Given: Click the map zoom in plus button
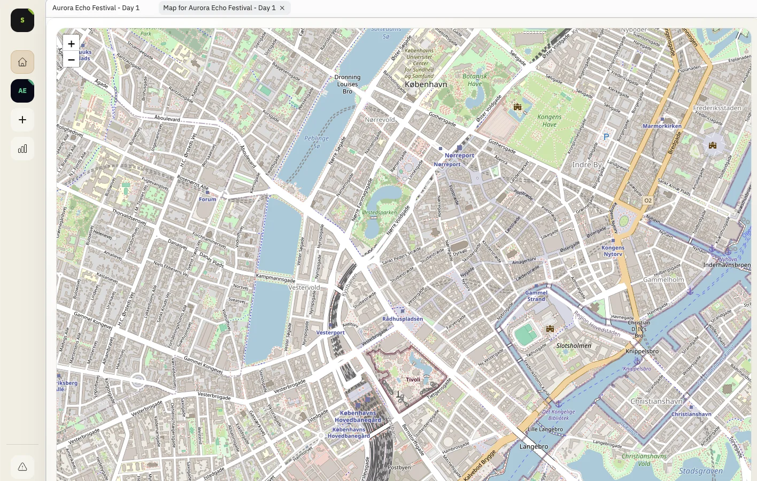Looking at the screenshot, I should [x=71, y=44].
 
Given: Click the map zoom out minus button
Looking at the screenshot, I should [x=71, y=60].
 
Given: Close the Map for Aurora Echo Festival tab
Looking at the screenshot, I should [x=282, y=8].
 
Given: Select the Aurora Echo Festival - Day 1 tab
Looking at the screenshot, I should [x=96, y=8].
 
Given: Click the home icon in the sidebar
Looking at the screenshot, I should [x=22, y=62].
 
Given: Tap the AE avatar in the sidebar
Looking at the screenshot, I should [x=22, y=91].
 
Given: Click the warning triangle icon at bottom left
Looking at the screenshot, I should [x=22, y=467].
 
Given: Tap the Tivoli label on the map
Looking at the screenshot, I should [x=413, y=379].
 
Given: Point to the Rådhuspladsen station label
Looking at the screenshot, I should [x=403, y=319].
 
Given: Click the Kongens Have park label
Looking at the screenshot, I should [x=549, y=121].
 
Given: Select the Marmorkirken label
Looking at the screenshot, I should [x=662, y=126].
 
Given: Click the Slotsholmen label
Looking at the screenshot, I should [x=574, y=346].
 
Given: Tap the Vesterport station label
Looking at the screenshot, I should [x=330, y=332].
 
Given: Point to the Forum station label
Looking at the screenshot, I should [x=207, y=199].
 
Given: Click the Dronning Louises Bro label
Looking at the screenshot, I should [x=347, y=84].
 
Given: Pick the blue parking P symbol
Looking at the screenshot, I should [x=606, y=137].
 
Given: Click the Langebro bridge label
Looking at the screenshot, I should [x=534, y=446].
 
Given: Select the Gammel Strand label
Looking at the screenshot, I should [x=536, y=296].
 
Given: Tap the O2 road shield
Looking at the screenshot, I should [x=647, y=200].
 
